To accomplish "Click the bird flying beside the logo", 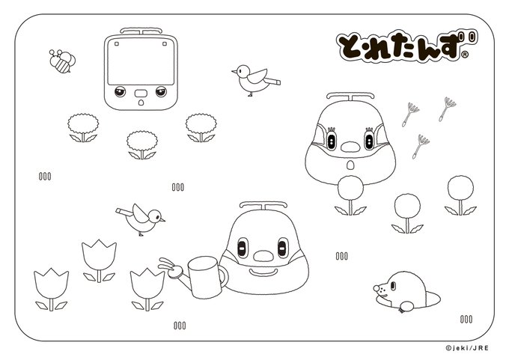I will [253, 79].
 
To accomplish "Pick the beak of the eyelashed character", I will [346, 143].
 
